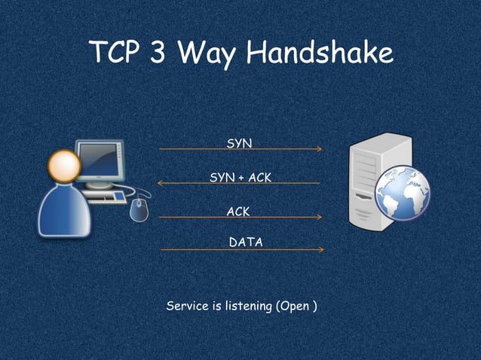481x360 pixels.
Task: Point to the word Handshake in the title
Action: pos(320,53)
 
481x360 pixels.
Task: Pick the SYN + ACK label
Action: pos(240,177)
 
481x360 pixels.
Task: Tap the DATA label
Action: pos(246,242)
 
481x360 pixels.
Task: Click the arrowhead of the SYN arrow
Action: pos(320,149)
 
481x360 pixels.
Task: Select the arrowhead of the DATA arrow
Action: pos(321,249)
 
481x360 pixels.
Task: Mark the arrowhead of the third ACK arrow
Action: pos(320,218)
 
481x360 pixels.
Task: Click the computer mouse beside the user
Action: pos(139,210)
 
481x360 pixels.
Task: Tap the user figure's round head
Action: pos(64,163)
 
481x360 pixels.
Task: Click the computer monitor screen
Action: pos(99,160)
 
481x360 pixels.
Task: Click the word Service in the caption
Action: pos(185,307)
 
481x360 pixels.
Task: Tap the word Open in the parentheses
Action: pos(295,307)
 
